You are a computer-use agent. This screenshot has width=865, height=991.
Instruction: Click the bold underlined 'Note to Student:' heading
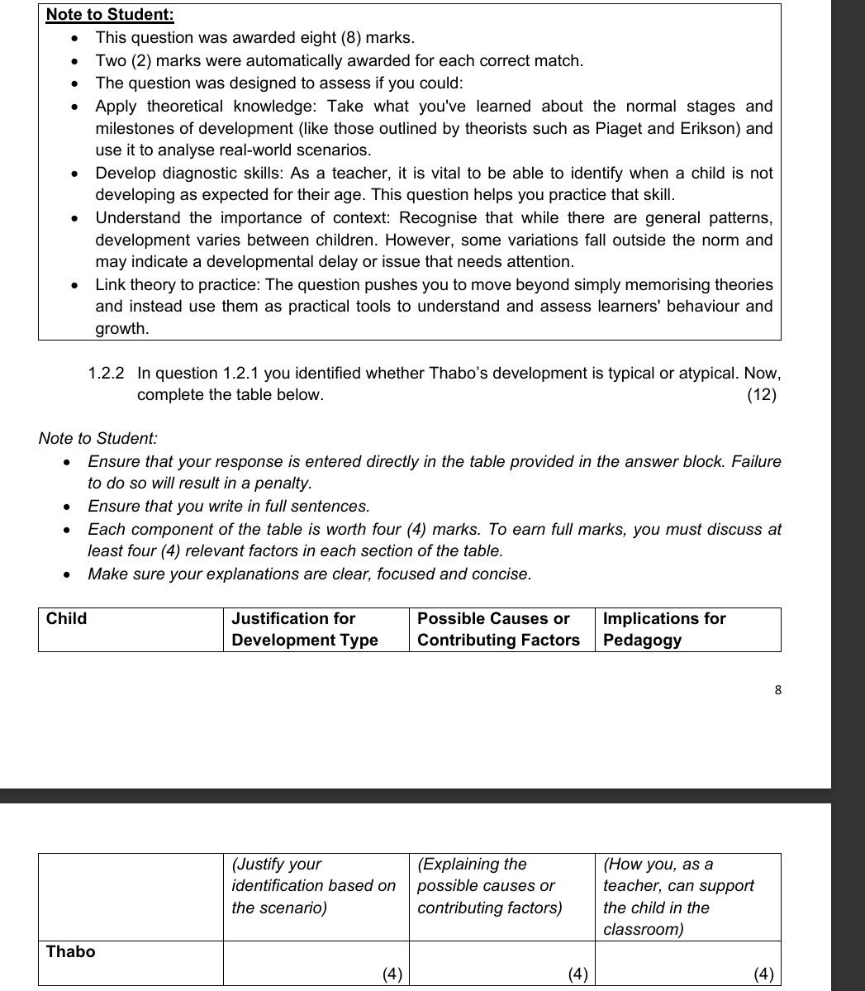[x=110, y=15]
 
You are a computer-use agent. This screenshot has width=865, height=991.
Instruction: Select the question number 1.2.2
[x=107, y=373]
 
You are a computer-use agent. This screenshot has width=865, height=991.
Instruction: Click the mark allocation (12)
[x=761, y=395]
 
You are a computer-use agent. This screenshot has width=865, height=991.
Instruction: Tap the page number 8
[x=777, y=690]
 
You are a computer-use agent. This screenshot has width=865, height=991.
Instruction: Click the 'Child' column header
[x=66, y=619]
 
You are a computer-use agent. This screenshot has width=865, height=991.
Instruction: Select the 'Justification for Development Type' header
[x=305, y=629]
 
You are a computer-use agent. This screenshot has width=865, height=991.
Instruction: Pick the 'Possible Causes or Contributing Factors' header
[x=498, y=629]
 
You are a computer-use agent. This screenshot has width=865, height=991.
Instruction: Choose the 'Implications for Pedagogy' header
[x=664, y=629]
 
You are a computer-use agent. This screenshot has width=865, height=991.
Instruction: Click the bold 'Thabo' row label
[x=71, y=951]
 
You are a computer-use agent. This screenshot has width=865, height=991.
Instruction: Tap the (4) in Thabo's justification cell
[x=392, y=974]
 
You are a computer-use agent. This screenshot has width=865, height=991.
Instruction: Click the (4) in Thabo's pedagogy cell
[x=764, y=974]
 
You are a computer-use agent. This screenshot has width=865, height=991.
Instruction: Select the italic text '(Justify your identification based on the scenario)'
[x=313, y=886]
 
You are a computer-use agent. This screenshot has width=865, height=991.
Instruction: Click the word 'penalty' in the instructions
[x=282, y=484]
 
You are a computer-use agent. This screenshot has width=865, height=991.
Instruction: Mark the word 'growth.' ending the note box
[x=122, y=329]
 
